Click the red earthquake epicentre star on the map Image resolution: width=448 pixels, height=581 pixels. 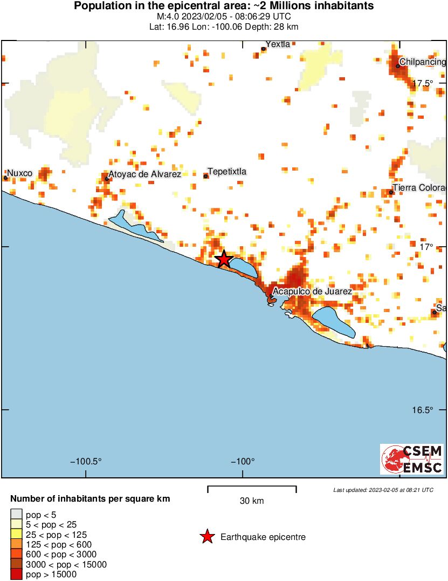224,259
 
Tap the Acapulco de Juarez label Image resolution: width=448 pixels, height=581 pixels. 312,292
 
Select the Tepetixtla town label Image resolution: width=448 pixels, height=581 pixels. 227,172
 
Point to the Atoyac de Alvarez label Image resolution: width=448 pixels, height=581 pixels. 144,174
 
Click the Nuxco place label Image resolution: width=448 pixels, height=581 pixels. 20,173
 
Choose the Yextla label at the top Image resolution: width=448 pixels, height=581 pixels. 278,44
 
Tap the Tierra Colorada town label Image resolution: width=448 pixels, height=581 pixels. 419,188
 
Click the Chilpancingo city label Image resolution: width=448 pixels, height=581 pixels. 423,62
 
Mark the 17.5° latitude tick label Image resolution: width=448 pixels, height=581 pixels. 423,83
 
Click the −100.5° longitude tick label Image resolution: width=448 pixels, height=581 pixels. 86,462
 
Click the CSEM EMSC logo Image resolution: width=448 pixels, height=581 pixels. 412,459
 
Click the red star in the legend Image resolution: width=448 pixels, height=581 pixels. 207,537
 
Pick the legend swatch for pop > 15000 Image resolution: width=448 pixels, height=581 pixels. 17,575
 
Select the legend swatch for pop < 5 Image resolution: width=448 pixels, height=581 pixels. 17,514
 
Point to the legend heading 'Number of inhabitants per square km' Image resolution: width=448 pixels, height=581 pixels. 91,498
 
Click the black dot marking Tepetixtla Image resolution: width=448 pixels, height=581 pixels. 205,176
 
